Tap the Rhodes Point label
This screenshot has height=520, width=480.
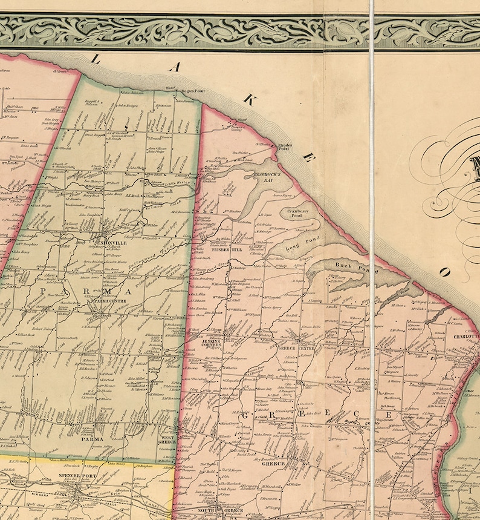tap(284, 147)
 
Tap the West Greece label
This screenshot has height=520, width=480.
tap(167, 439)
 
